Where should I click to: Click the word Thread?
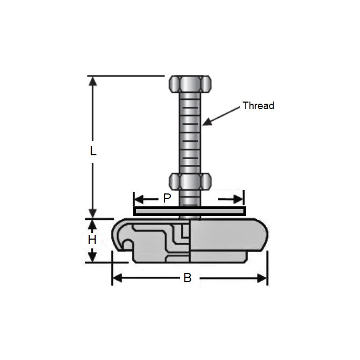pyautogui.click(x=258, y=106)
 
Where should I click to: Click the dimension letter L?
pyautogui.click(x=93, y=152)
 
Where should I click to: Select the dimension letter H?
pyautogui.click(x=92, y=240)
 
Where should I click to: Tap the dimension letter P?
pyautogui.click(x=167, y=198)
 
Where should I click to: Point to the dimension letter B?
pyautogui.click(x=187, y=278)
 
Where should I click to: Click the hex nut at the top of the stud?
pyautogui.click(x=190, y=83)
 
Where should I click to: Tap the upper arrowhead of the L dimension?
pyautogui.click(x=93, y=81)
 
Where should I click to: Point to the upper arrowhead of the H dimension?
pyautogui.click(x=92, y=224)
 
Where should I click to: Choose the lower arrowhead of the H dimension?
pyautogui.click(x=92, y=257)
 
